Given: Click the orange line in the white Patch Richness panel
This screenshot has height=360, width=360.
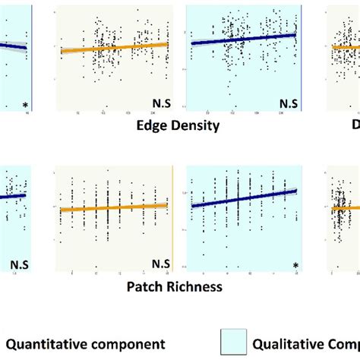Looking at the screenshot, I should (114, 207).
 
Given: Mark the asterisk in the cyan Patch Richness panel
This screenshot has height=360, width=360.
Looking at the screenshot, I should (295, 264).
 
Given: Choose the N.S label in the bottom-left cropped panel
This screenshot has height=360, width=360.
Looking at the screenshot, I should (19, 264).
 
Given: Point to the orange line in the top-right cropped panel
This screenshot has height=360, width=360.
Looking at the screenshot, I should (346, 46).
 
